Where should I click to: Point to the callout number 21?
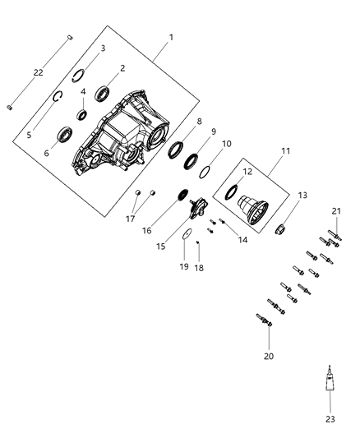337,211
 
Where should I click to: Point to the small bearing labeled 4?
84,113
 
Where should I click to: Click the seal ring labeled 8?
175,149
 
